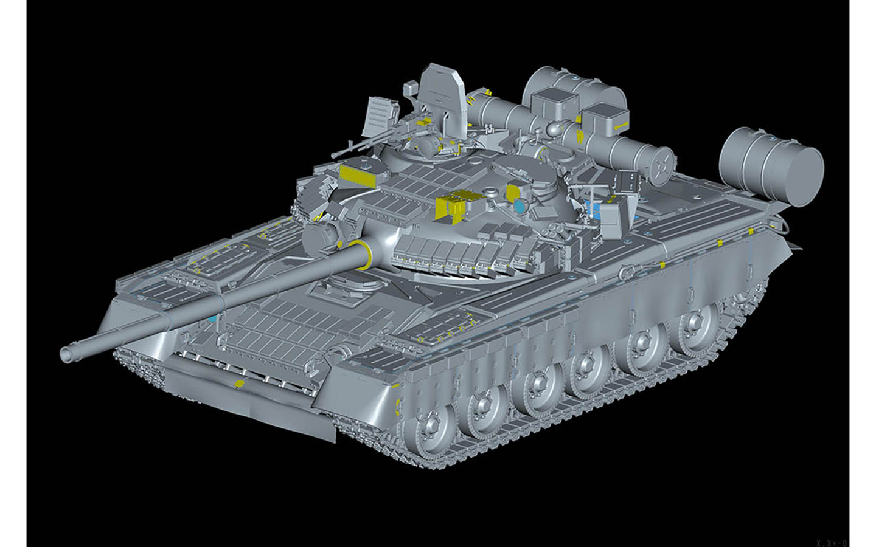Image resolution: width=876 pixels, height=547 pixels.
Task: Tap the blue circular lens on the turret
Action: (519, 207)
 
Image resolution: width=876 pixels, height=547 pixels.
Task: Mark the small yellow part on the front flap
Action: (239, 384)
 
